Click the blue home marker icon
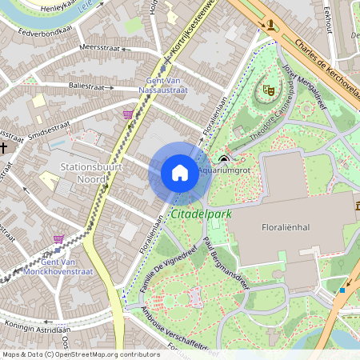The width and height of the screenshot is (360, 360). tap(180, 173)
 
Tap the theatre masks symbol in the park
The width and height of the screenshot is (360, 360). tap(267, 91)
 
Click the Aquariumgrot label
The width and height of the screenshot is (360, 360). tap(226, 170)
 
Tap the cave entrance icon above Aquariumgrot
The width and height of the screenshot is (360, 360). tap(223, 158)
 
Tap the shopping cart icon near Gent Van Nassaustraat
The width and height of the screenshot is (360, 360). tap(128, 114)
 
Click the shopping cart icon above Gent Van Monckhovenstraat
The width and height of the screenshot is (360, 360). tap(58, 238)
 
